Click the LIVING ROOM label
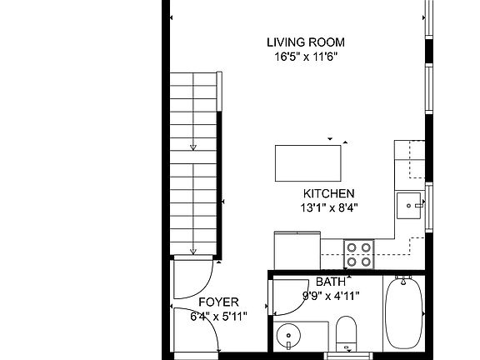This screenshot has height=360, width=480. [x=305, y=42]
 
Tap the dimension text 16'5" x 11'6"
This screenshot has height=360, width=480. [x=305, y=57]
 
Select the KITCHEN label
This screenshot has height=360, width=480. [x=329, y=192]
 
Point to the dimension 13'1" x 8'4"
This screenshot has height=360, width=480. [x=329, y=207]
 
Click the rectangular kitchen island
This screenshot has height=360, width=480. [x=307, y=162]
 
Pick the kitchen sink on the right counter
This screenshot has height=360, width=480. [x=409, y=202]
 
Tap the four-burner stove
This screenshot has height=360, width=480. [x=359, y=254]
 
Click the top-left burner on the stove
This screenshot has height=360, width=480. [x=352, y=247]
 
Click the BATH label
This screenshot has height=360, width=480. [x=330, y=282]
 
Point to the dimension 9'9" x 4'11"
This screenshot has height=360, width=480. [x=330, y=295]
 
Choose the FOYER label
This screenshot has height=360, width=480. [x=219, y=302]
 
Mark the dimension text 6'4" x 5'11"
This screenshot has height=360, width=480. [x=219, y=316]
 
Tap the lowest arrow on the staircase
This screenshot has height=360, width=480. [x=193, y=251]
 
